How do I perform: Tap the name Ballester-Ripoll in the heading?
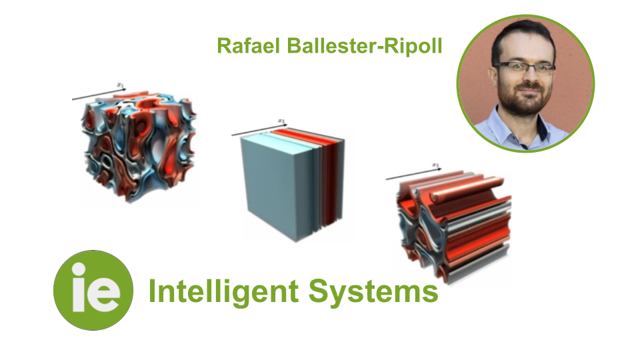pyautogui.click(x=360, y=45)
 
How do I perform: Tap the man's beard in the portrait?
pyautogui.click(x=523, y=101)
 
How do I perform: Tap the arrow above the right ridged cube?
pyautogui.click(x=414, y=171)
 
